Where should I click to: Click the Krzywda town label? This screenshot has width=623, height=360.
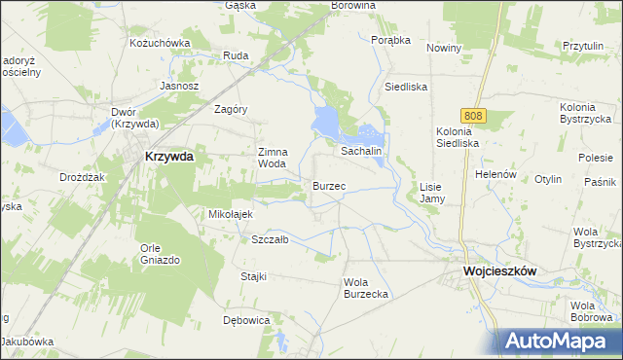[x=168, y=156]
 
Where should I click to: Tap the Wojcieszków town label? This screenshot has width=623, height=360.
[x=501, y=273]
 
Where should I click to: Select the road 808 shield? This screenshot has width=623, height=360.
[x=473, y=116]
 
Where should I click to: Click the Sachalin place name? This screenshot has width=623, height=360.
[x=359, y=152]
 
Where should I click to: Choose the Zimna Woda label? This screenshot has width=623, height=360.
[x=272, y=158]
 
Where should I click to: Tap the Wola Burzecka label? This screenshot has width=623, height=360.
[x=367, y=288]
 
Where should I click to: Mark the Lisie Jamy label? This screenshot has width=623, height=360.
[x=431, y=192]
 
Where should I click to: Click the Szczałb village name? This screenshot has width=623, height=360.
[x=270, y=239]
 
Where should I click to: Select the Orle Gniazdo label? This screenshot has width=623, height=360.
[x=160, y=254]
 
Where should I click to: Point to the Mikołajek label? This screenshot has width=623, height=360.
[x=231, y=214]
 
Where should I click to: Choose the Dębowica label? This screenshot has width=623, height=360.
[x=245, y=320]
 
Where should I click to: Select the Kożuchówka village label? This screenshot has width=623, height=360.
[x=159, y=43]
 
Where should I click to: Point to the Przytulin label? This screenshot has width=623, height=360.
[x=584, y=46]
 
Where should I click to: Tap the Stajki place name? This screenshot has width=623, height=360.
[x=253, y=276]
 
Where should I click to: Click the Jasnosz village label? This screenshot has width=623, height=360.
[x=179, y=86]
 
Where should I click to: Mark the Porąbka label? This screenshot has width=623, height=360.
[x=391, y=40]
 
